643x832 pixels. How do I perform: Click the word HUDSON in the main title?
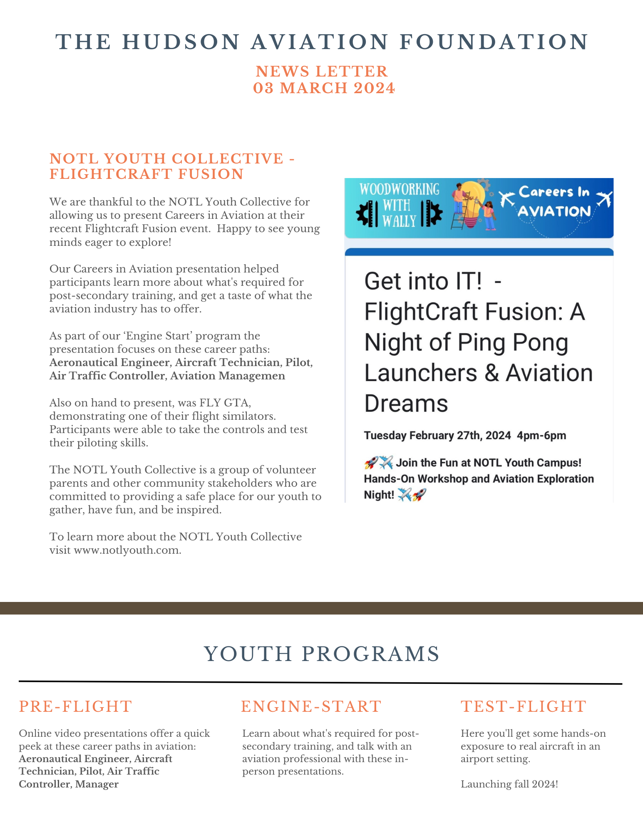pyautogui.click(x=181, y=42)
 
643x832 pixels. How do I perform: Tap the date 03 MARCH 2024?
pyautogui.click(x=324, y=88)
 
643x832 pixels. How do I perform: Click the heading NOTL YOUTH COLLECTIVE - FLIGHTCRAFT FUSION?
pyautogui.click(x=172, y=166)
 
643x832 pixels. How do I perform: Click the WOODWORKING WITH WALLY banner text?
pyautogui.click(x=399, y=205)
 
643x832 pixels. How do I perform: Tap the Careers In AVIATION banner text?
pyautogui.click(x=554, y=202)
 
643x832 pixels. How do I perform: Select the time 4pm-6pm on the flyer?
pyautogui.click(x=541, y=436)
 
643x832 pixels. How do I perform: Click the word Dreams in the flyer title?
pyautogui.click(x=406, y=403)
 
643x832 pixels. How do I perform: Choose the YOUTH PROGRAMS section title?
pyautogui.click(x=322, y=654)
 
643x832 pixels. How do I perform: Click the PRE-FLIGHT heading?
pyautogui.click(x=75, y=706)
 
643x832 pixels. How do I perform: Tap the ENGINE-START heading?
pyautogui.click(x=311, y=706)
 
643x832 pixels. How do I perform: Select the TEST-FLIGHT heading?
pyautogui.click(x=524, y=706)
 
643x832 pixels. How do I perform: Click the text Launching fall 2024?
pyautogui.click(x=509, y=784)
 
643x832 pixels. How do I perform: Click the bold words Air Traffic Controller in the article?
pyautogui.click(x=107, y=376)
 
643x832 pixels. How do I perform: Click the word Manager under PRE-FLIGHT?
pyautogui.click(x=97, y=784)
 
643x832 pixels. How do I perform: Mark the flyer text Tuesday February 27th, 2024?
pyautogui.click(x=437, y=436)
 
